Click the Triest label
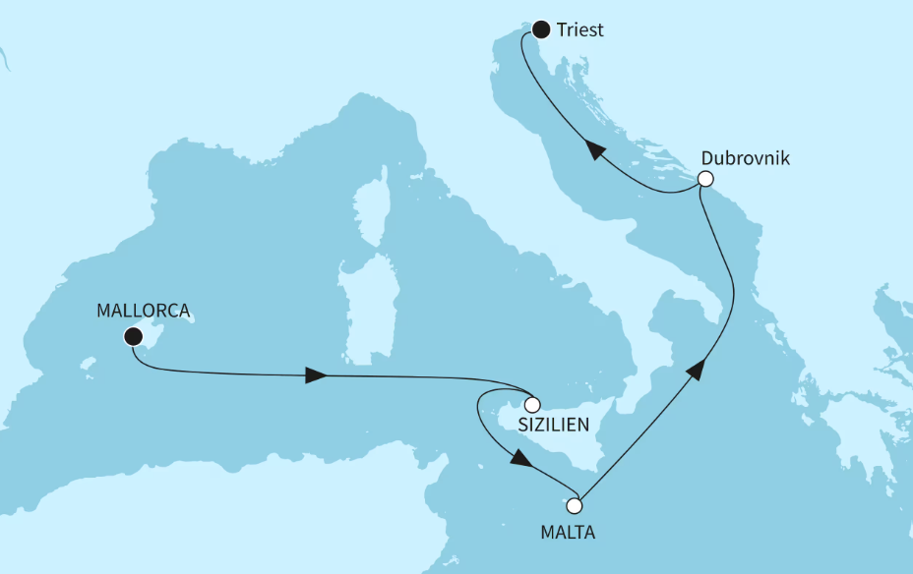[579, 30]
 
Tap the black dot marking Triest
[540, 29]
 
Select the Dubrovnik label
[745, 158]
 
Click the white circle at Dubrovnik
[704, 179]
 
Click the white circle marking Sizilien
[532, 404]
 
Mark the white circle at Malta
[575, 506]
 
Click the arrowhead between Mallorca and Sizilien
[316, 374]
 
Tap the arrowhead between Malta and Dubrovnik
[695, 370]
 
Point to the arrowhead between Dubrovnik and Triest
[594, 149]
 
